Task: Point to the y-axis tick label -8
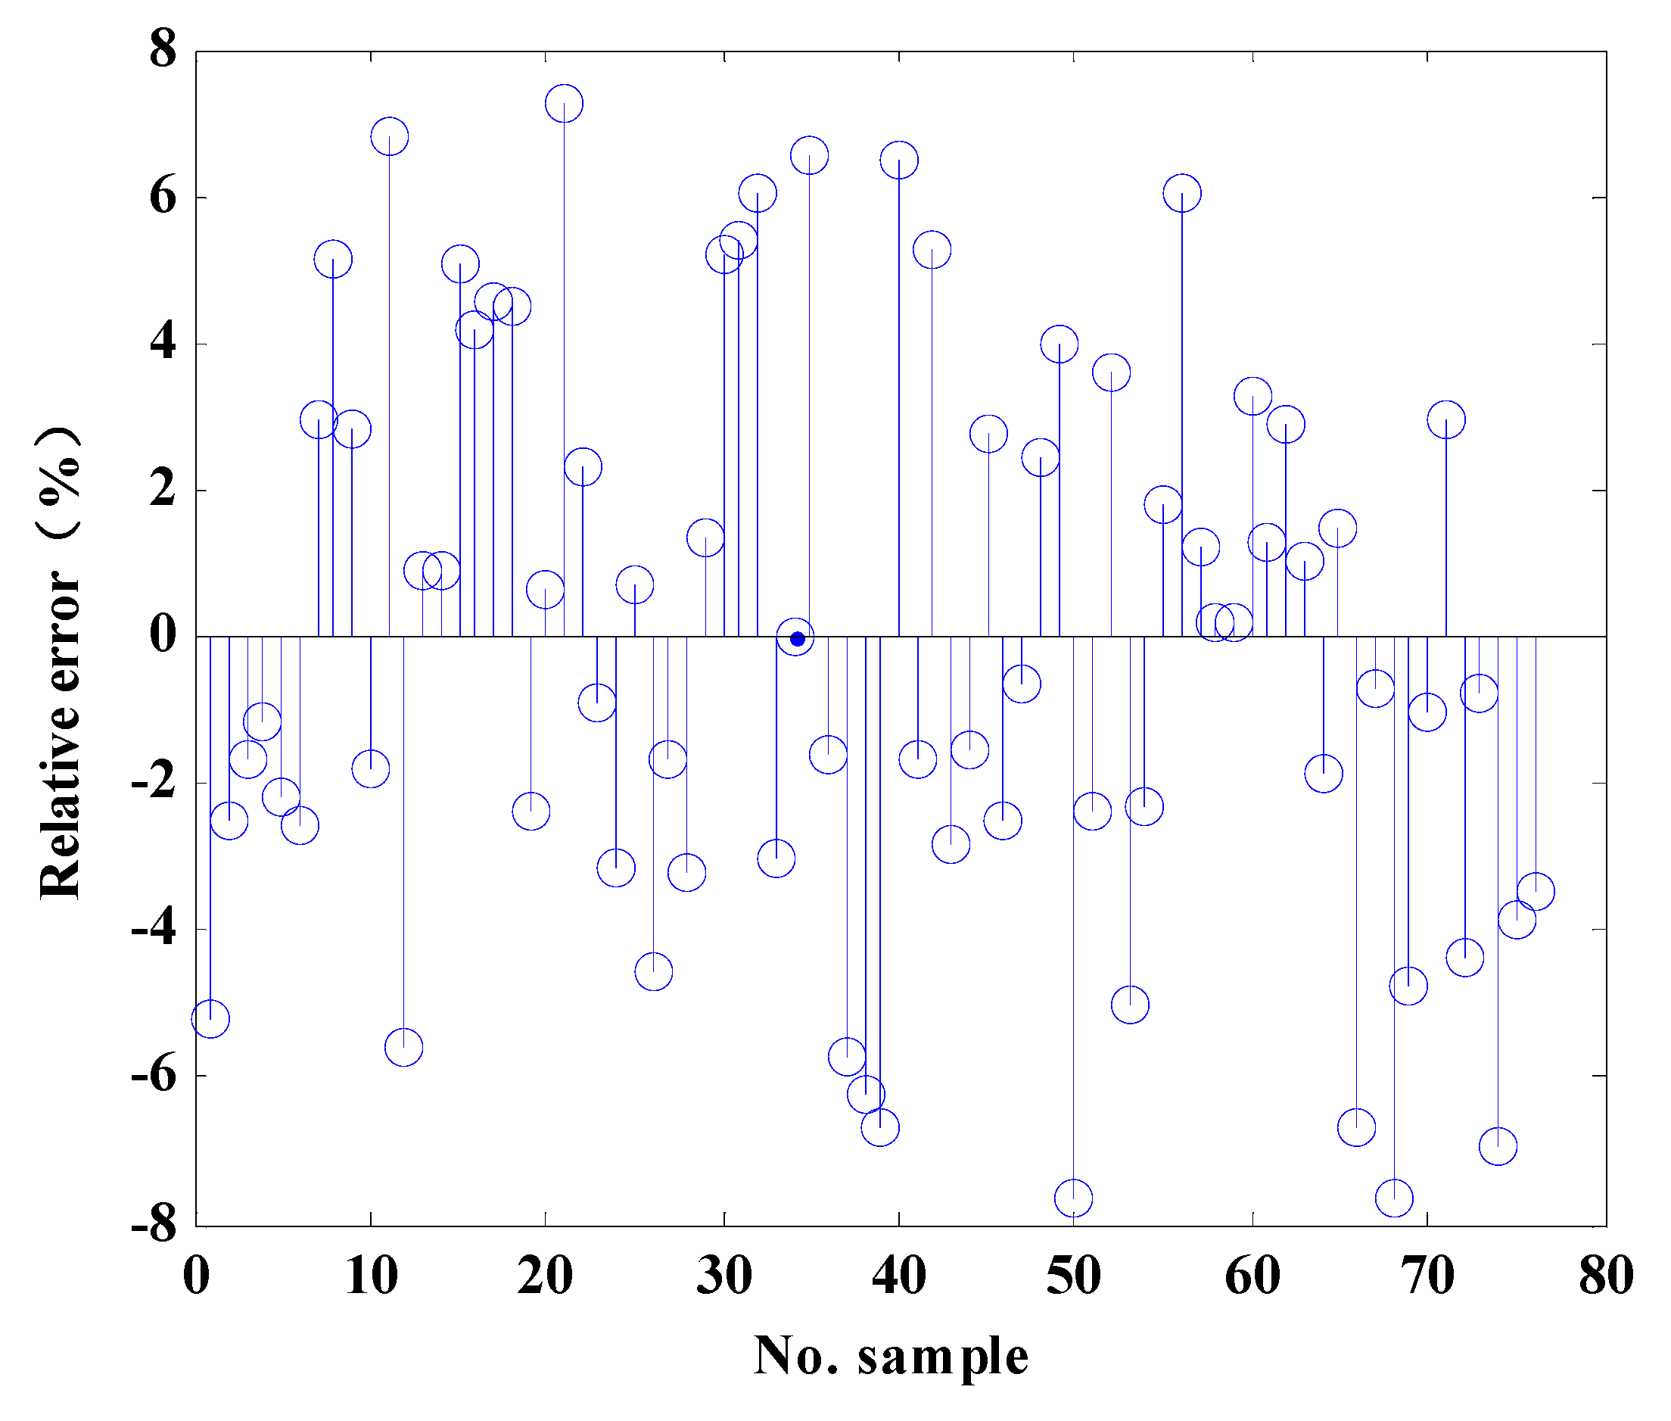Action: click(154, 1225)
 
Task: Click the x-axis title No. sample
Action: click(891, 1357)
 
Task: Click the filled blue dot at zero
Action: click(797, 640)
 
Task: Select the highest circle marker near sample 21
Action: click(564, 103)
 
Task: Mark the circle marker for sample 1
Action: click(210, 1019)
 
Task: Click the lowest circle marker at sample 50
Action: click(1073, 1198)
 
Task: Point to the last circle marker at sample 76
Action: click(1536, 892)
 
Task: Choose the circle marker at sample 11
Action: click(390, 136)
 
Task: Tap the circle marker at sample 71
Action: click(1446, 419)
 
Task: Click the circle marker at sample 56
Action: click(1182, 193)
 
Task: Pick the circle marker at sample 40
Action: click(899, 160)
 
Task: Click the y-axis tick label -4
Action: click(154, 928)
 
